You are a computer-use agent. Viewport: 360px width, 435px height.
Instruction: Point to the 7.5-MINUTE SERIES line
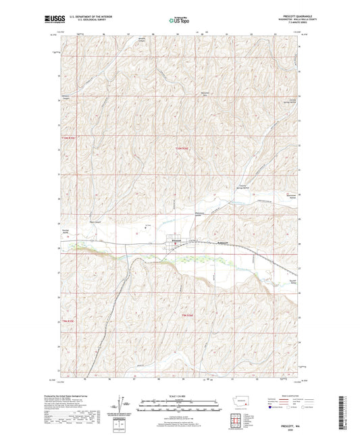coord(297,24)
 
